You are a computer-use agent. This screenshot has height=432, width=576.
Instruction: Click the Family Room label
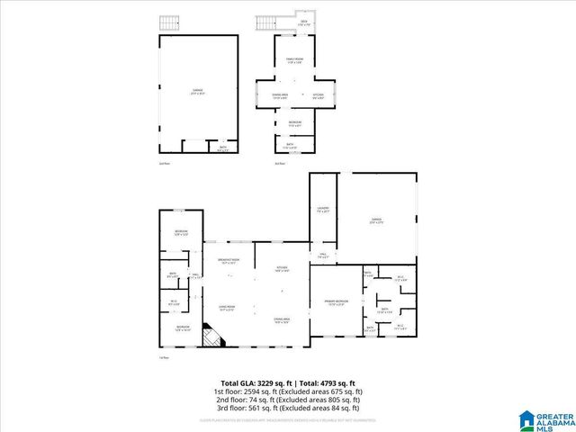[x=294, y=60]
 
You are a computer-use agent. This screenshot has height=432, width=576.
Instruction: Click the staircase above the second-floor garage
[x=167, y=22]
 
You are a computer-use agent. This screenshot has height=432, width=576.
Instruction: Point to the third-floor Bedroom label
[x=294, y=123]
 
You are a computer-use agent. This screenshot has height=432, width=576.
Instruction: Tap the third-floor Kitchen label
[x=318, y=94]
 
